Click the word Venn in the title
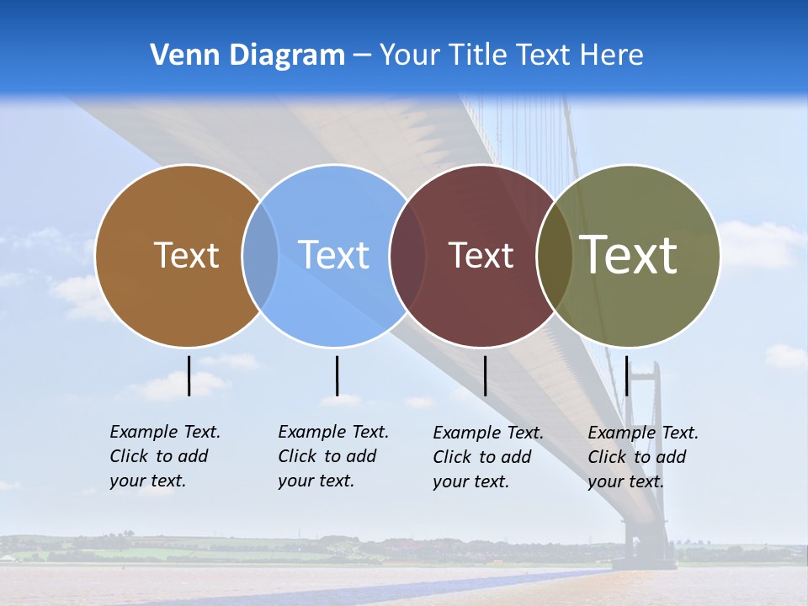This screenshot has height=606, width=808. [x=179, y=56]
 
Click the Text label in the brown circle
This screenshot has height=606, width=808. [x=186, y=255]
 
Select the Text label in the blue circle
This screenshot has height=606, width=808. [x=333, y=255]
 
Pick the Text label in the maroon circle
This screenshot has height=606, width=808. [x=481, y=255]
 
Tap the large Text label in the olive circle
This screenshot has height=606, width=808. [x=629, y=255]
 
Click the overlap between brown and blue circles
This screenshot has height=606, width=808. [x=260, y=255]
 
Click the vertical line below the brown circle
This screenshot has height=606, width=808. [x=189, y=375]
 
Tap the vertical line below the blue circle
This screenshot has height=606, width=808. [x=337, y=375]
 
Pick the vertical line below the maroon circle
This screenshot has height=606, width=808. [x=485, y=375]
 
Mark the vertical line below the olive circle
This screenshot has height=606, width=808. [x=626, y=375]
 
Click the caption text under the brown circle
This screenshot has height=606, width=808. [x=164, y=456]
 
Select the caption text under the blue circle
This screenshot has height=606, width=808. [x=332, y=456]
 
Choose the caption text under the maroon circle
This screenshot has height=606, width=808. [x=487, y=457]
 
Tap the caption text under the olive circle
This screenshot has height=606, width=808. [x=642, y=457]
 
